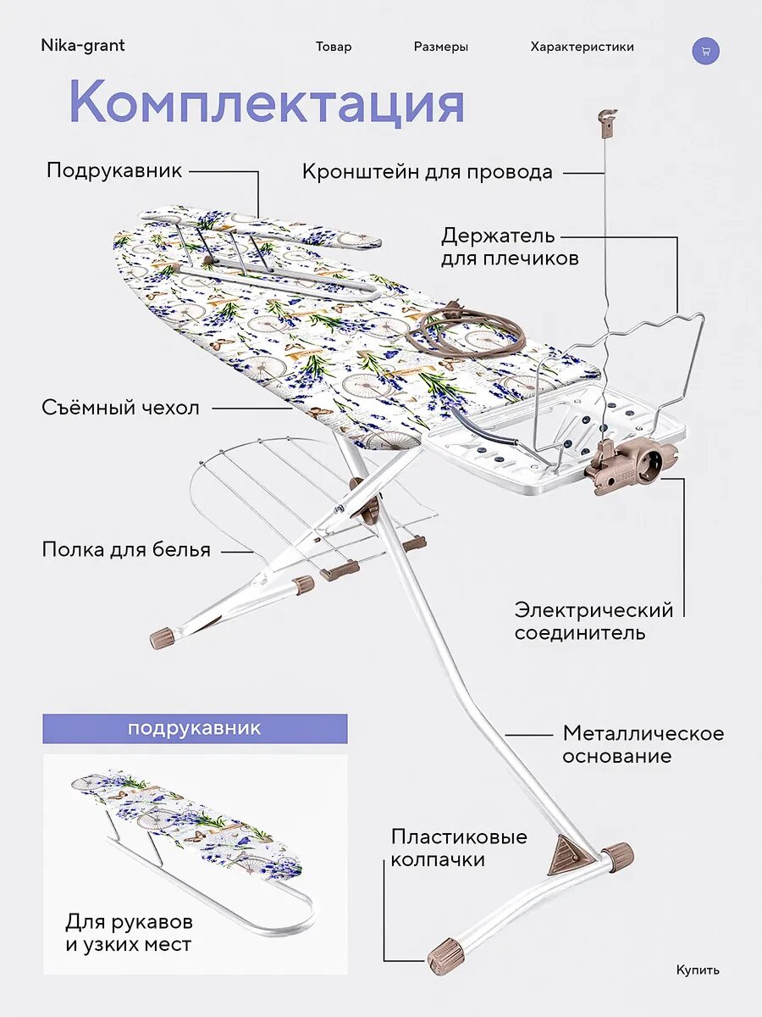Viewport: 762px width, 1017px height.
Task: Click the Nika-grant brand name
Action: [x=82, y=46]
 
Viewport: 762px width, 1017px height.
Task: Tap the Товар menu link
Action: [x=334, y=47]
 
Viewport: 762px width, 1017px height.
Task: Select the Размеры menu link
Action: [x=440, y=47]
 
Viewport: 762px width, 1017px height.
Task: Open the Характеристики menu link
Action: [x=582, y=47]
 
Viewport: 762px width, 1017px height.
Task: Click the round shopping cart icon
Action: [x=705, y=50]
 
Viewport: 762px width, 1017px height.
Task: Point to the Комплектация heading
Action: [x=266, y=103]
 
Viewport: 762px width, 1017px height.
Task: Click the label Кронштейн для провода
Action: [x=427, y=172]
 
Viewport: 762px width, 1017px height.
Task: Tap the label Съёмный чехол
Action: [x=120, y=408]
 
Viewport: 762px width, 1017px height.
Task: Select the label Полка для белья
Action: [x=125, y=550]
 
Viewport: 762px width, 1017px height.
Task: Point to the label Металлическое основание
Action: [x=643, y=744]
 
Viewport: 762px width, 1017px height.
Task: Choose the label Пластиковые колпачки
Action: [x=458, y=847]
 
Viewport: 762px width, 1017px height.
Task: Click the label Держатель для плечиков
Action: [x=509, y=246]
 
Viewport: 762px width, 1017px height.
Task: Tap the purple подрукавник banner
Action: [x=195, y=729]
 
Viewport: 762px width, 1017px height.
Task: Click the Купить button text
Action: [x=698, y=970]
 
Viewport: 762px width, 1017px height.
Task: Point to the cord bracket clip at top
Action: [x=606, y=121]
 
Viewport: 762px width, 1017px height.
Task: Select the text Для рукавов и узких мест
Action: [x=129, y=932]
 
